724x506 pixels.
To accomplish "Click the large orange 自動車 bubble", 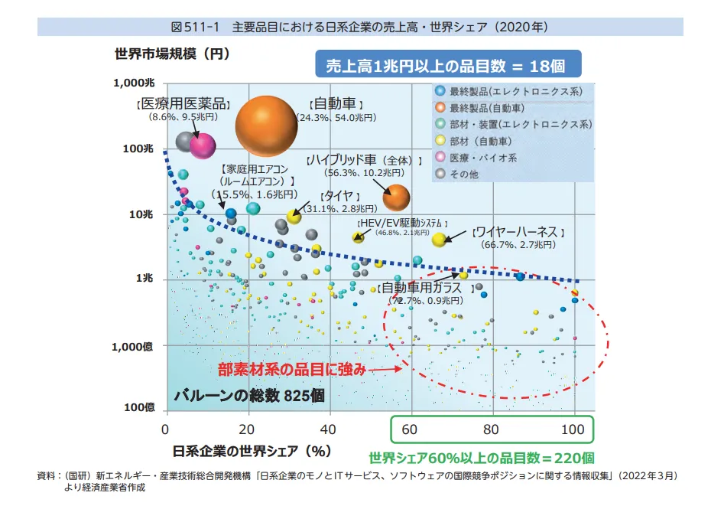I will point(265,126).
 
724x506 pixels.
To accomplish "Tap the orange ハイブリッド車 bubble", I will point(396,198).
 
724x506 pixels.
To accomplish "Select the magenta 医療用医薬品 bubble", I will point(203,145).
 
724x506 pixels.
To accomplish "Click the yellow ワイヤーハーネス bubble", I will point(439,240).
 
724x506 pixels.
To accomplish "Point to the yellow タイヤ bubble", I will point(294,217).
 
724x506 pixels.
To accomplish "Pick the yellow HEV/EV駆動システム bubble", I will point(358,237).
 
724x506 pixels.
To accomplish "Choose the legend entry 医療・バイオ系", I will point(482,158).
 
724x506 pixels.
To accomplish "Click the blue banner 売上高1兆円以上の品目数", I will point(448,66).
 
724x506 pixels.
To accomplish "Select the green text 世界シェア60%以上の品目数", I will point(481,459).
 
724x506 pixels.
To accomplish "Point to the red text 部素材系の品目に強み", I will point(292,369).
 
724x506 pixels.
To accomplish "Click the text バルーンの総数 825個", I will point(249,396).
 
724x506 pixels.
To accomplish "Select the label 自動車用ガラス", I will point(420,288).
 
